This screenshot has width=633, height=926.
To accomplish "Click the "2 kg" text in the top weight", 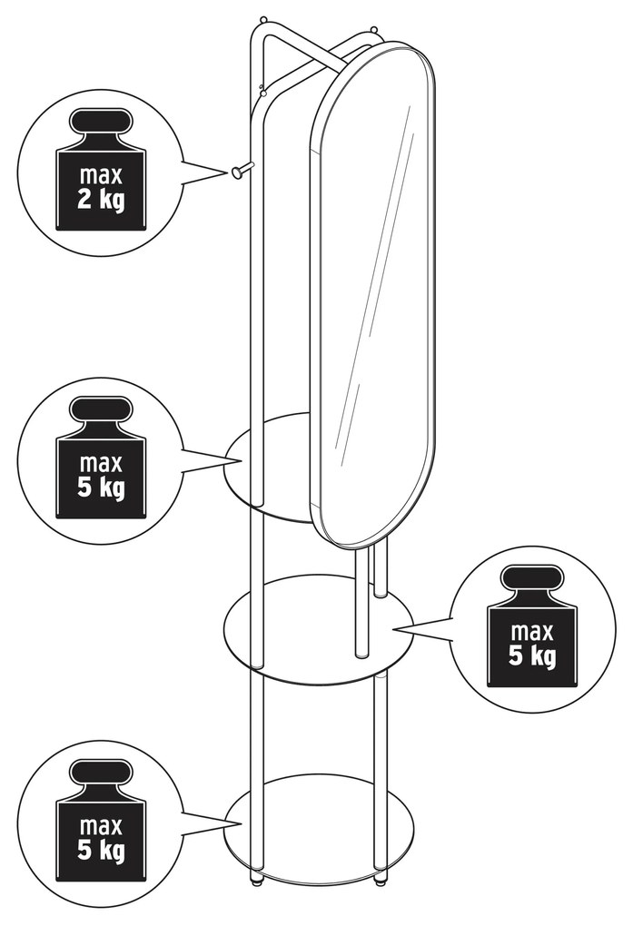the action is click(101, 201).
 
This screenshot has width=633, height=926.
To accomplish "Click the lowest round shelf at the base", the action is click(319, 823).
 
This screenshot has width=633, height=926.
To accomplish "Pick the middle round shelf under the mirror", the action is click(319, 628).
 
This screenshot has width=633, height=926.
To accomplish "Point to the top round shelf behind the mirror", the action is click(269, 468).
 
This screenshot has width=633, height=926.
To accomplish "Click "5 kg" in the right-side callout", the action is click(532, 656).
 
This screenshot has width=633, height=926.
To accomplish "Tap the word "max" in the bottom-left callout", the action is click(101, 825).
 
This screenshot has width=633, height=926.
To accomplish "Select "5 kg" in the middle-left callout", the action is click(101, 488).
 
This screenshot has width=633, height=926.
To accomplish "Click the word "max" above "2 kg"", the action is click(101, 176).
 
